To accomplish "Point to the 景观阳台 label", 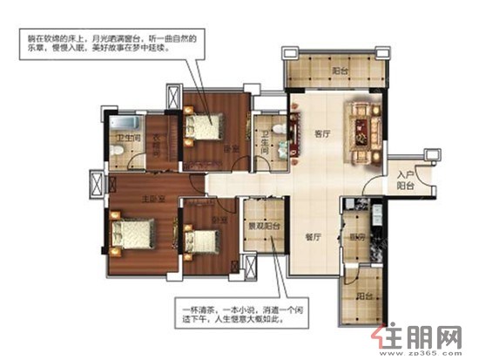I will pyautogui.click(x=260, y=225).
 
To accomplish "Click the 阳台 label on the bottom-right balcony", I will pyautogui.click(x=364, y=295).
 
